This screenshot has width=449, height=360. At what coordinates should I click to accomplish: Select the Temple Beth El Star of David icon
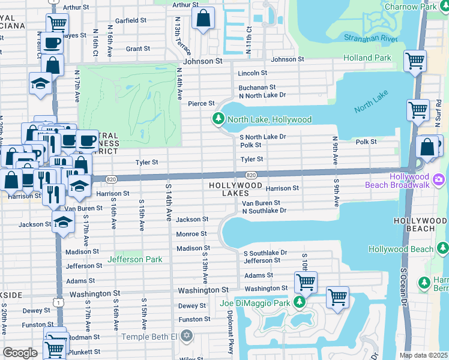click(x=187, y=335)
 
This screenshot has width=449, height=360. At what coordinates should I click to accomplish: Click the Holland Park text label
click(x=367, y=58)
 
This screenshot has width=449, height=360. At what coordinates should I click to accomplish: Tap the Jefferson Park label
click(x=135, y=260)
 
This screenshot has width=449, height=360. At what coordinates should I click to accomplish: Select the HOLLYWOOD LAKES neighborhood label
click(x=235, y=190)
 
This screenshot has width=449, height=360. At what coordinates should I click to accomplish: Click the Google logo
click(x=20, y=353)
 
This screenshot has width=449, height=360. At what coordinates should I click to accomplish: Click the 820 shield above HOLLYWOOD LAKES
click(x=252, y=175)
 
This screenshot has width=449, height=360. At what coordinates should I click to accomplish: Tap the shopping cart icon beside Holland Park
click(x=415, y=61)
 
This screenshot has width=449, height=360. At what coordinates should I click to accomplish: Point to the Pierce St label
click(x=201, y=104)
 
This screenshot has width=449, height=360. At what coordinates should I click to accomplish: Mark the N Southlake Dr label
click(x=264, y=211)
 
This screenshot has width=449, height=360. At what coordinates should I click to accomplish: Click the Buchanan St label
click(x=257, y=87)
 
